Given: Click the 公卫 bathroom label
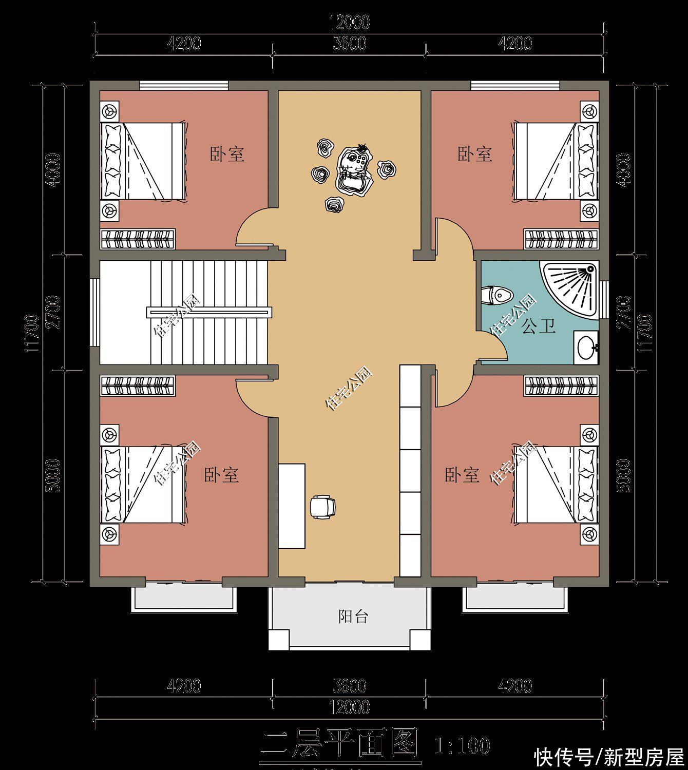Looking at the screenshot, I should coord(539,326).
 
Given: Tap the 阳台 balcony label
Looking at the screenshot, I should coord(353,616).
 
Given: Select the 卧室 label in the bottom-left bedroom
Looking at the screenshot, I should coord(222,474).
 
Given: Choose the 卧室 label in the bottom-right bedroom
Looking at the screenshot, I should coord(462,474).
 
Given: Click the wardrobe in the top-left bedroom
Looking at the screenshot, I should coord(138,239).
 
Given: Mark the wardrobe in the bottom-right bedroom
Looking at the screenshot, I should coord(561,386).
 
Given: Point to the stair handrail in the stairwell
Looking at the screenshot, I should coord(209,311).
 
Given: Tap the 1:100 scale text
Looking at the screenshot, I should coord(462,745).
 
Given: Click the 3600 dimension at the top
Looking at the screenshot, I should coord(350,44).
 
